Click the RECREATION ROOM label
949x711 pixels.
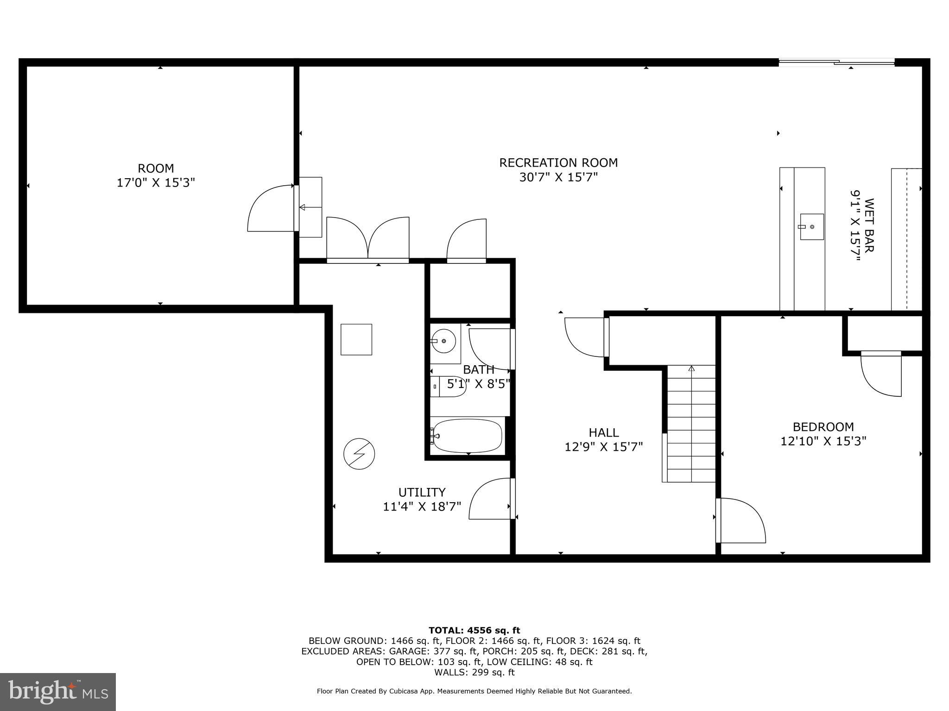(x=558, y=163)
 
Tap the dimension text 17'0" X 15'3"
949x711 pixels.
(x=155, y=183)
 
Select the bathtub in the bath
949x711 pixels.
(x=467, y=436)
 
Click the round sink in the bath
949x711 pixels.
(x=443, y=341)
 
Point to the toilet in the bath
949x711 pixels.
(x=448, y=387)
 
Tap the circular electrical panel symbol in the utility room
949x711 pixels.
(x=359, y=454)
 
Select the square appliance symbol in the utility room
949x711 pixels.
(x=356, y=339)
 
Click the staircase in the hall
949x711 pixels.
(x=691, y=424)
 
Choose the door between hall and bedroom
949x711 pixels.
(x=740, y=520)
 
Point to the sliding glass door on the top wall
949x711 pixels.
(x=836, y=62)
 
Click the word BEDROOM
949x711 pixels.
(x=823, y=427)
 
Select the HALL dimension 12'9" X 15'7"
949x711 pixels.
(x=603, y=447)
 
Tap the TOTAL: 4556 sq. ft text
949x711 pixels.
(x=474, y=630)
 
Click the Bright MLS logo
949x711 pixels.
(x=58, y=692)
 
